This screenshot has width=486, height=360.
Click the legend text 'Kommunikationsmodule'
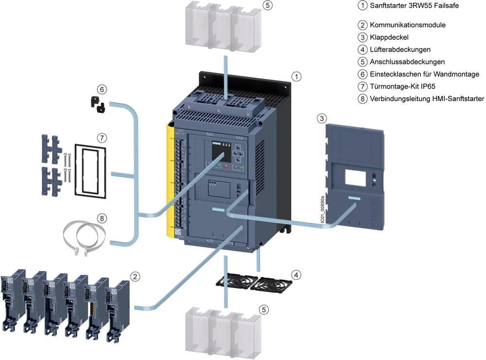pos(408,25)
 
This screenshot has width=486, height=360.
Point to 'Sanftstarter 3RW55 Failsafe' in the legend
pos(413,6)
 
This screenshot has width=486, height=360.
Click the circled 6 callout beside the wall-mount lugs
pos(101,90)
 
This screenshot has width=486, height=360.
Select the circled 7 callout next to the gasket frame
pos(101,138)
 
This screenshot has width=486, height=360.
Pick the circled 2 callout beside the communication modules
pos(136,276)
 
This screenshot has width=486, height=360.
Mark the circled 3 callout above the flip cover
pos(321,118)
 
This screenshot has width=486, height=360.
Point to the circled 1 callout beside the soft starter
pos(296,76)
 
